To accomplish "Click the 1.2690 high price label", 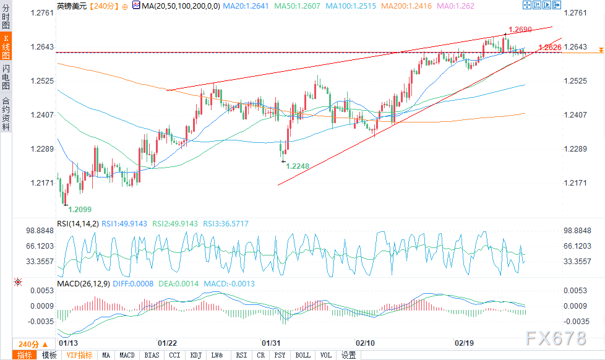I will tap(520, 30).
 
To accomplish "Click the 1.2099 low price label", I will tap(79, 210).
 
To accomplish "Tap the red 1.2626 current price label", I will tap(550, 48).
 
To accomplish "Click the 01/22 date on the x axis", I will tap(169, 342).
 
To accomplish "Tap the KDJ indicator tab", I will tap(195, 355).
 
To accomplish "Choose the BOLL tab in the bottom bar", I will tap(302, 355).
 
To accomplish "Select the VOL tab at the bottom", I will tap(325, 355).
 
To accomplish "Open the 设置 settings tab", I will tap(349, 355).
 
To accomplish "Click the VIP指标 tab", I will tap(79, 355).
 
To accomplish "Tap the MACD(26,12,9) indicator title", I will tap(83, 284).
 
